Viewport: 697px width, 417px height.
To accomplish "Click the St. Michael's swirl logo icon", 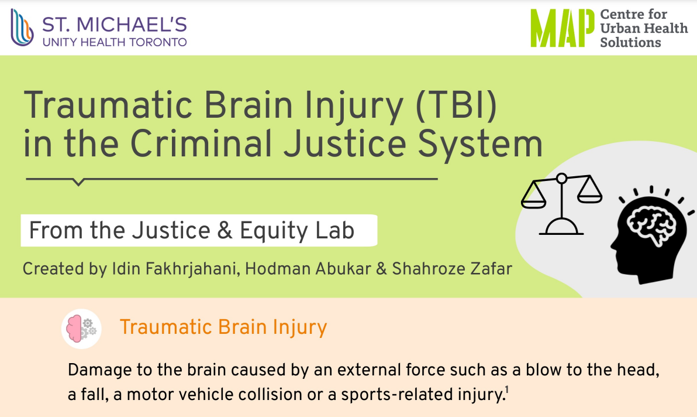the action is tap(22, 28).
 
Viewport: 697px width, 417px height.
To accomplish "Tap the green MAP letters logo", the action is tap(563, 28).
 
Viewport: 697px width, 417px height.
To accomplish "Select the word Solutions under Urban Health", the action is tap(630, 42).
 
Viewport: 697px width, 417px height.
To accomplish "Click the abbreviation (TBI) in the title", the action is tap(456, 106).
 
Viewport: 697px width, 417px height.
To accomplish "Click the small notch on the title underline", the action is tap(78, 182).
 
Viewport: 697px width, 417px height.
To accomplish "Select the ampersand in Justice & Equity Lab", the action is tap(225, 231).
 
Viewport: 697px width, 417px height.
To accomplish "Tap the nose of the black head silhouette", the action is tap(613, 245).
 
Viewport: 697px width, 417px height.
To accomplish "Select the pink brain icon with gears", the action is tap(81, 329).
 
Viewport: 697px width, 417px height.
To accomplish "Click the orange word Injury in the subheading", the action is tap(299, 327).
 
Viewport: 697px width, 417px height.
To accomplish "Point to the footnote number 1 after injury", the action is tap(506, 390).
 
